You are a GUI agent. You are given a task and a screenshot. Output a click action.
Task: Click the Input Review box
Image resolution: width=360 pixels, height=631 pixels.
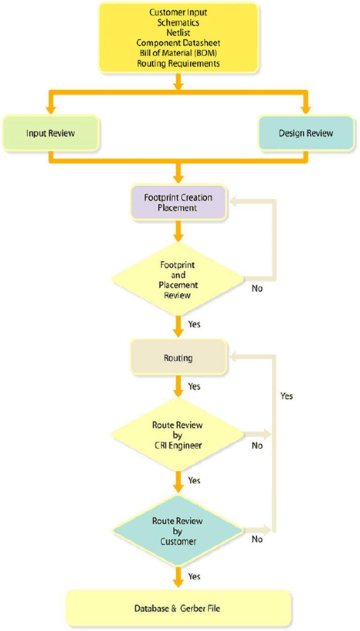pos(51,133)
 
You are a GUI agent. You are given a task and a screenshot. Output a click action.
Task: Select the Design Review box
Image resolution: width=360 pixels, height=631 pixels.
pos(306,133)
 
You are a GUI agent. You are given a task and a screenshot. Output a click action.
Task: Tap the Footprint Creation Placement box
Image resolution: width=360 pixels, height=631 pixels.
pos(178,202)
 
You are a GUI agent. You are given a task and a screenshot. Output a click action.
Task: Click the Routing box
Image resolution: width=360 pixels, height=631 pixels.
pos(178,358)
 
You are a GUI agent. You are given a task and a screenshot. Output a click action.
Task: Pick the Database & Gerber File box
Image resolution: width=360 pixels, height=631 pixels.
pos(178,609)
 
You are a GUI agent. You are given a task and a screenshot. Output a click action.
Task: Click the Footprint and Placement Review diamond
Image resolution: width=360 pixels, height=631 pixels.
pos(178,280)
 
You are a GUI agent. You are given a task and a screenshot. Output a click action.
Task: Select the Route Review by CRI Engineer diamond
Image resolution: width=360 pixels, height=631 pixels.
pos(178,435)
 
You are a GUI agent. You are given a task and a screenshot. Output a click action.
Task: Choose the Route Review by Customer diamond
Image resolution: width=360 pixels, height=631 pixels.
pos(178,531)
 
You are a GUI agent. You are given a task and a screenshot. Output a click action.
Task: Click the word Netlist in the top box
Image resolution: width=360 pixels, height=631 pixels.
pos(178,32)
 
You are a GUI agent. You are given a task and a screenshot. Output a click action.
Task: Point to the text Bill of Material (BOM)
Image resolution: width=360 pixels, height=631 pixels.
pos(178,53)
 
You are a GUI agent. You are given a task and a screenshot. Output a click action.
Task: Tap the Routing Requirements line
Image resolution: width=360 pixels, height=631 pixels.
pos(178,63)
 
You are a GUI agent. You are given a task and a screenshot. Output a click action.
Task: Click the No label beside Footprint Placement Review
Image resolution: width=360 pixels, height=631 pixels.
pos(257,289)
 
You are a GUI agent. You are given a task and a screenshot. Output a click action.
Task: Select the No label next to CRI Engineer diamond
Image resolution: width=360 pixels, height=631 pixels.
pos(257,445)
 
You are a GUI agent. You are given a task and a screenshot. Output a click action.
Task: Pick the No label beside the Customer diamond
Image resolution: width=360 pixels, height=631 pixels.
pos(257,539)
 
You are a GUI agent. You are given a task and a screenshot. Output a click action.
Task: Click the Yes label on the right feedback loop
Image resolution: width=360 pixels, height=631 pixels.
pos(286,396)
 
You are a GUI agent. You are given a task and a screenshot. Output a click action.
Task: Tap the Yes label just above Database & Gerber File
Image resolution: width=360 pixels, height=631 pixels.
pos(194,576)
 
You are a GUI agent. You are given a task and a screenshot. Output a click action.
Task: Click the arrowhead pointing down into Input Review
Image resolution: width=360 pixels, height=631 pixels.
pos(51,110)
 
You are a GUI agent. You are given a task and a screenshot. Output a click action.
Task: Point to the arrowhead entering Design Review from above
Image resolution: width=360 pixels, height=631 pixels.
pos(306,110)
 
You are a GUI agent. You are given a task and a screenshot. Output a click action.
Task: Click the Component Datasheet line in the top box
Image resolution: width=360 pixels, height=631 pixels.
pos(178,43)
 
